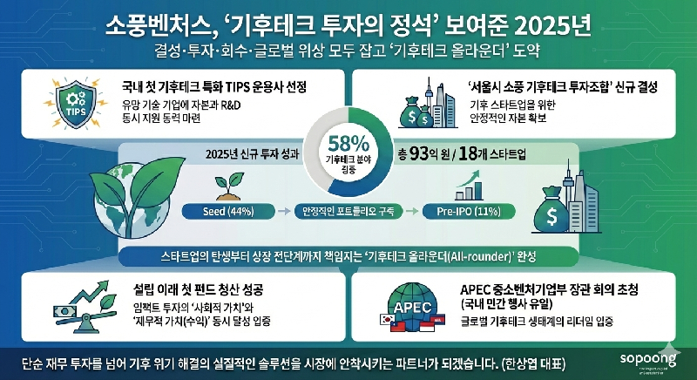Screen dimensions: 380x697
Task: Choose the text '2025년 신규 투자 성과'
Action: (253, 154)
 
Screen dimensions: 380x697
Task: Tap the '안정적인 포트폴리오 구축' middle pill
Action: (346, 211)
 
